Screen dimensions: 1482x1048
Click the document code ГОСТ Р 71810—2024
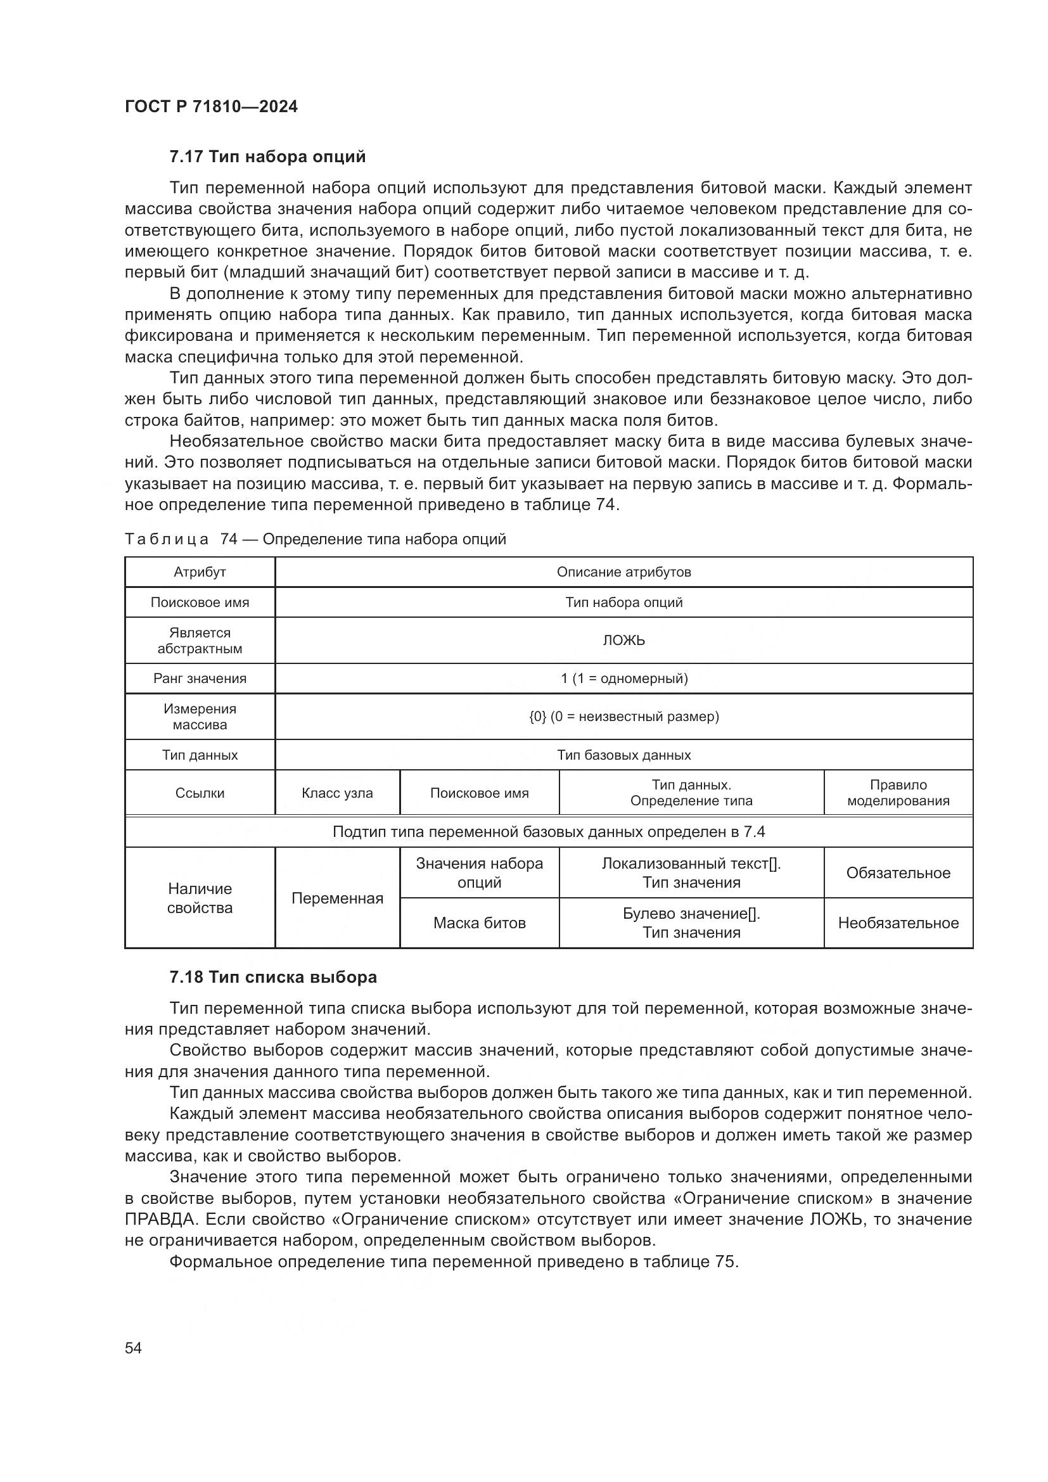coord(211,106)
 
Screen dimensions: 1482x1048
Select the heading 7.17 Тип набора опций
coord(267,157)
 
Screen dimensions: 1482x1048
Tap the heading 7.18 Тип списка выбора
coord(273,977)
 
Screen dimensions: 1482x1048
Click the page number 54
coord(133,1348)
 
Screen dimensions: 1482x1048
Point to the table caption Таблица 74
coord(315,539)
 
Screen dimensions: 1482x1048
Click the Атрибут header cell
coord(200,572)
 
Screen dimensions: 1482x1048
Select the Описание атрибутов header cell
coord(623,572)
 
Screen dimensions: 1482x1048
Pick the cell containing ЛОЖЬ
coord(623,641)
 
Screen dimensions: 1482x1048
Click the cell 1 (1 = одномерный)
coord(623,679)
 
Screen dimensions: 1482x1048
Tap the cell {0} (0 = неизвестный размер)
coord(623,717)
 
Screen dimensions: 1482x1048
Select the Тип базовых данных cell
coord(623,755)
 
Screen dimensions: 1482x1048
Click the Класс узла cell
coord(337,793)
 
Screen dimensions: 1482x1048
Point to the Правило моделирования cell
coord(898,793)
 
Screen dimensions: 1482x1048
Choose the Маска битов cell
coord(479,923)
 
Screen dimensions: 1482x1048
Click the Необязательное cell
coord(898,923)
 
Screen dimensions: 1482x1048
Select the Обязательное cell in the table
coord(898,872)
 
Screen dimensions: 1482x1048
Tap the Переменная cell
coord(337,898)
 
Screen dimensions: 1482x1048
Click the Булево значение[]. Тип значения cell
coord(691,923)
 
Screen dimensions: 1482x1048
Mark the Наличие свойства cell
coord(200,898)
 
